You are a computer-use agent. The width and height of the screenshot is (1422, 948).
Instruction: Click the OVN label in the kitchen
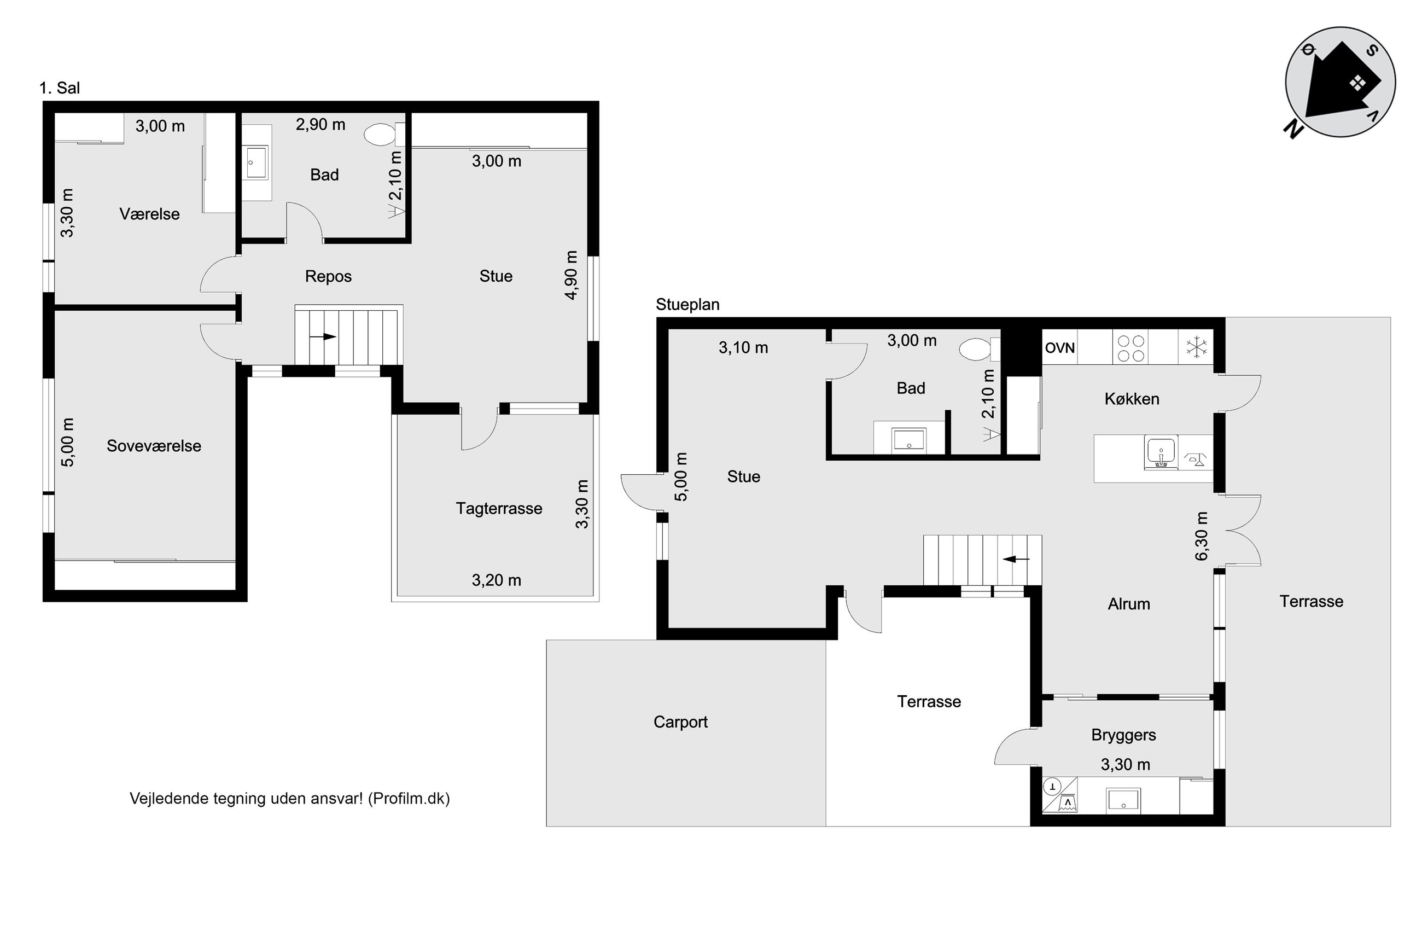coord(1059,348)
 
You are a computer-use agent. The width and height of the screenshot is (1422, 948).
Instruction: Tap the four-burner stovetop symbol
coord(1130,348)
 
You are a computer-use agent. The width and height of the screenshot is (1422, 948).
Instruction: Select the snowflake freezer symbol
coord(1196,347)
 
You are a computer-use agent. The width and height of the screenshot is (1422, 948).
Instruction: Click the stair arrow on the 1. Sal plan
coord(323,336)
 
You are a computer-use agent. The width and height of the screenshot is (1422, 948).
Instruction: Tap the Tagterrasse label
coord(499,508)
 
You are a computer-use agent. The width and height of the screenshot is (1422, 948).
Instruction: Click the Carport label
coord(680,722)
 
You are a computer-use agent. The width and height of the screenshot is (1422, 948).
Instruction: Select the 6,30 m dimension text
coord(1202,536)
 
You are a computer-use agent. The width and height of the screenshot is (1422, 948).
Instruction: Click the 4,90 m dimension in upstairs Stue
coord(571,275)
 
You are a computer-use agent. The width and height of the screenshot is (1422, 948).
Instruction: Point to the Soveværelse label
coord(154,446)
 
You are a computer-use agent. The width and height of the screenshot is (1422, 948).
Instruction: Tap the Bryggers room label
coord(1123,735)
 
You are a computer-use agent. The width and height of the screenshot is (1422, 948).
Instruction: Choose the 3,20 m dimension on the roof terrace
coord(496,580)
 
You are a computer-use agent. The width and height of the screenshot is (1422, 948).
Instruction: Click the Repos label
coord(328,276)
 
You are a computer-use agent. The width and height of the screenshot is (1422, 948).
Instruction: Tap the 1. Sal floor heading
coord(60,88)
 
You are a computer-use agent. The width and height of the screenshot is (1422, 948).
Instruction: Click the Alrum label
coord(1129,604)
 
